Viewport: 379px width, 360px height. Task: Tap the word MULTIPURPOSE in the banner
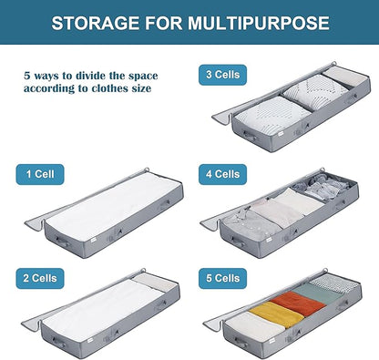(x=259, y=23)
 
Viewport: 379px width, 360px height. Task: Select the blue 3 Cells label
(x=222, y=75)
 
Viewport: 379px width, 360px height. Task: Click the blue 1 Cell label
(x=40, y=174)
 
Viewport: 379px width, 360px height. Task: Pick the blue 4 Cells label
(x=222, y=174)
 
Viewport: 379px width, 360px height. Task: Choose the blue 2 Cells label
(x=40, y=278)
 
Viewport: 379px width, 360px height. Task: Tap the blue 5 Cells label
(x=222, y=278)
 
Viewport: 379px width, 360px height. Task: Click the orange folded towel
(x=298, y=303)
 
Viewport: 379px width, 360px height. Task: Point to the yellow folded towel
(x=276, y=314)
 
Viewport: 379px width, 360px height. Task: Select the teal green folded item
(x=317, y=293)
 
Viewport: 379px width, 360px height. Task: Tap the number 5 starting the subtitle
(x=27, y=76)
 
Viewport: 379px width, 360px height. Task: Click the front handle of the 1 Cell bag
(x=62, y=242)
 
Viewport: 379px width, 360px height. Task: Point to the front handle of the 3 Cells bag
(x=250, y=136)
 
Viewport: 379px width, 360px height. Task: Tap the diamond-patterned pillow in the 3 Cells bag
(x=314, y=91)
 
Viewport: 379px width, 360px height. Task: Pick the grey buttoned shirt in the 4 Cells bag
(x=252, y=226)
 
